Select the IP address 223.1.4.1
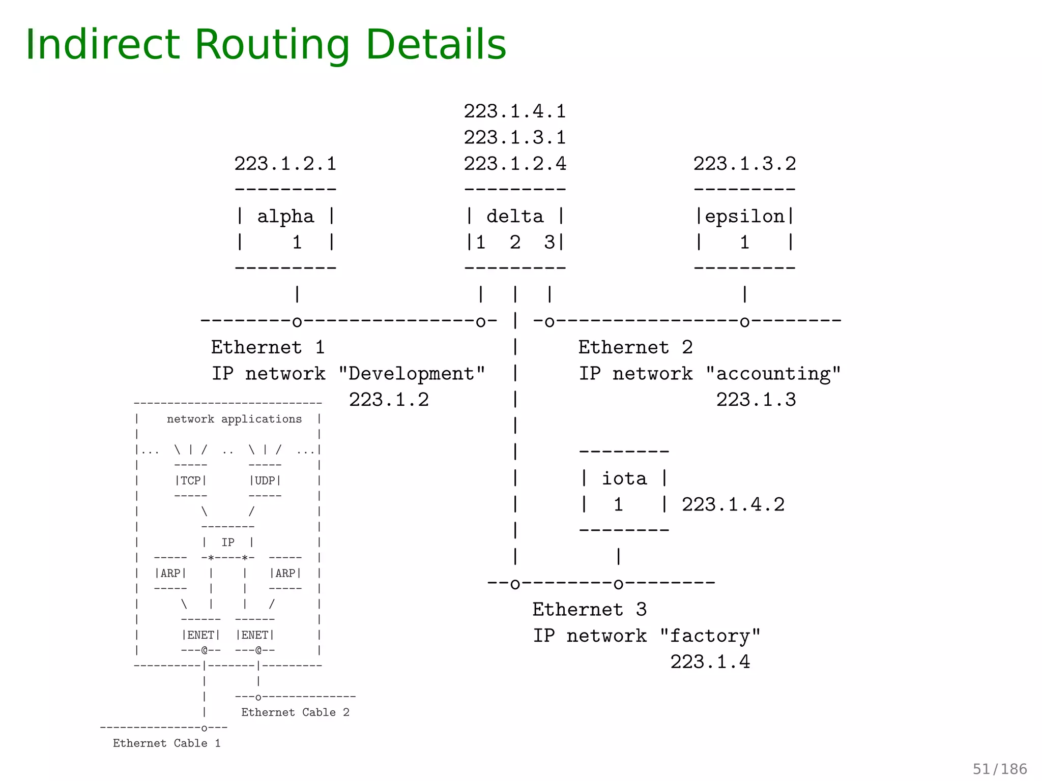click(514, 111)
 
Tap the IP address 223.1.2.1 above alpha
click(285, 164)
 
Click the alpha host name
click(285, 217)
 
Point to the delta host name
click(514, 217)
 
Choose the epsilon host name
click(744, 217)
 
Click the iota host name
click(624, 478)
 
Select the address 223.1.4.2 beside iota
click(733, 504)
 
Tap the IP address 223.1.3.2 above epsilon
click(744, 164)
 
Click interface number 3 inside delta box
click(549, 243)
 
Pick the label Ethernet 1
click(268, 347)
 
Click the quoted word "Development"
click(412, 374)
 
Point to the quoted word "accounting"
click(773, 374)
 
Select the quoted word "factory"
click(710, 636)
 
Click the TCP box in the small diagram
click(191, 480)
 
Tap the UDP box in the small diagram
click(265, 480)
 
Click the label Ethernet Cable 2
click(295, 712)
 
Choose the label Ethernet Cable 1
click(166, 743)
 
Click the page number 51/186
click(999, 769)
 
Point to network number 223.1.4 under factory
click(710, 662)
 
